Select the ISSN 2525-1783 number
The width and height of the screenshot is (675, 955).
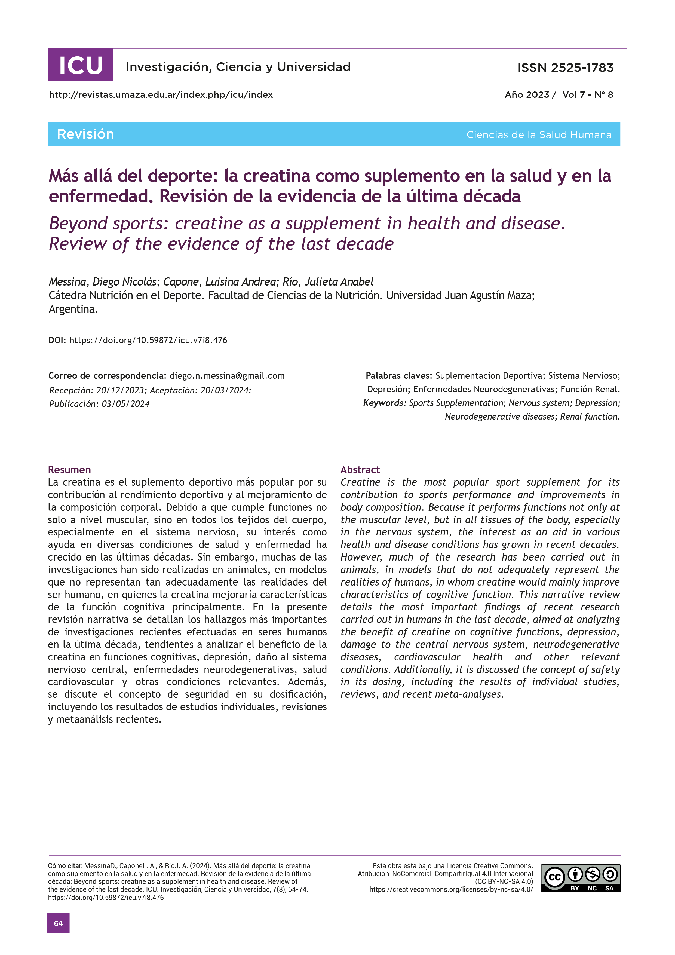(565, 68)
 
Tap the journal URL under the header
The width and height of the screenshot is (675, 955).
(161, 95)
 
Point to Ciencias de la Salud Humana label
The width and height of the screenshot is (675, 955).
(539, 135)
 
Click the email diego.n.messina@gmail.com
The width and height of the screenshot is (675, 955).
(227, 376)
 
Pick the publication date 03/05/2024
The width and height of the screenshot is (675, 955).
(125, 404)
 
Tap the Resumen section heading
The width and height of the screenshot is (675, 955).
(69, 470)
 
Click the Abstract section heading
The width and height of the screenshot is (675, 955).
(360, 470)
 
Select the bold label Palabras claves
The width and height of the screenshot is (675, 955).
(398, 376)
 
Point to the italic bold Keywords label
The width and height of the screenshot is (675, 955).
(384, 403)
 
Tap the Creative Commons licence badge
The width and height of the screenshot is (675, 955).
(580, 878)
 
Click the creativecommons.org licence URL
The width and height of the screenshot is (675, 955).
(451, 889)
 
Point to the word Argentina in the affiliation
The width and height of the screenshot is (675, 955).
(73, 309)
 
